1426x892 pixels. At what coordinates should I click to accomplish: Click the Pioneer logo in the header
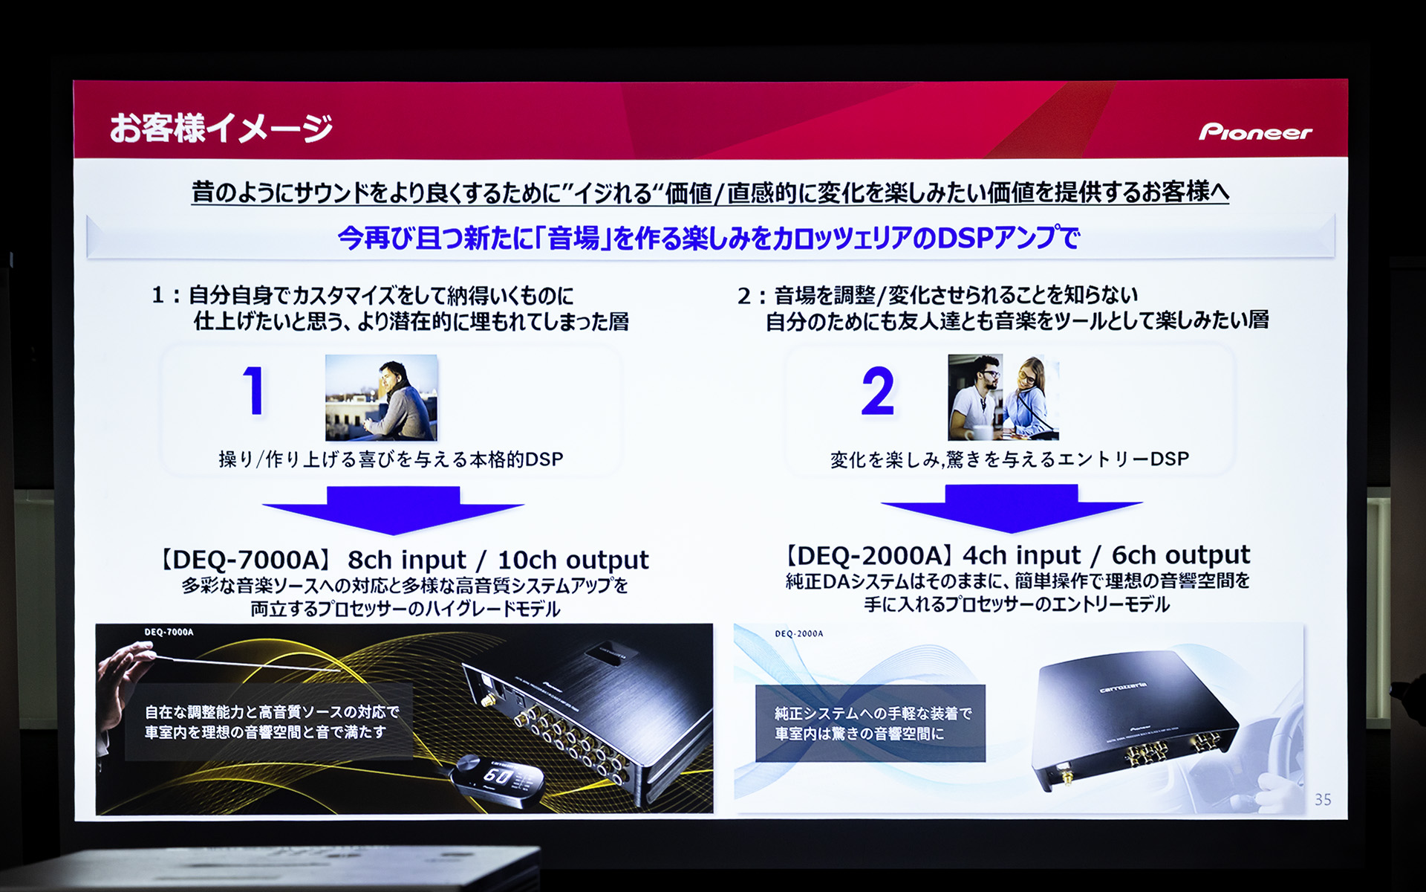pyautogui.click(x=1254, y=132)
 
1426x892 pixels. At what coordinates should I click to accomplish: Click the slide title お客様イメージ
pyautogui.click(x=221, y=128)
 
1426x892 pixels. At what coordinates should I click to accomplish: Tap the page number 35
pyautogui.click(x=1322, y=800)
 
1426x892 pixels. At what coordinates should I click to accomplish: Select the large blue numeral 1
pyautogui.click(x=253, y=391)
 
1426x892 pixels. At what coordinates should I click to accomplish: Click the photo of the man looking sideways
pyautogui.click(x=381, y=398)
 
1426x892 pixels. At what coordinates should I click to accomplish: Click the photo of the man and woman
pyautogui.click(x=1003, y=398)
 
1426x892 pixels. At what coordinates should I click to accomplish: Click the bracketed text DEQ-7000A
pyautogui.click(x=246, y=560)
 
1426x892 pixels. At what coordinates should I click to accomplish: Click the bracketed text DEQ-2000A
pyautogui.click(x=868, y=555)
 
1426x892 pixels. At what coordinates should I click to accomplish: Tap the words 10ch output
pyautogui.click(x=573, y=560)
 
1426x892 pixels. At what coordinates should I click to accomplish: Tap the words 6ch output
pyautogui.click(x=1180, y=555)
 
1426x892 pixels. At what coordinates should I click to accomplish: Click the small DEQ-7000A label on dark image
pyautogui.click(x=169, y=633)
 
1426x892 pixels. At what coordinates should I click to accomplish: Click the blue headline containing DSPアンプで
pyautogui.click(x=709, y=239)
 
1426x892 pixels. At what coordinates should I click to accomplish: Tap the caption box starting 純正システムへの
pyautogui.click(x=870, y=723)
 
